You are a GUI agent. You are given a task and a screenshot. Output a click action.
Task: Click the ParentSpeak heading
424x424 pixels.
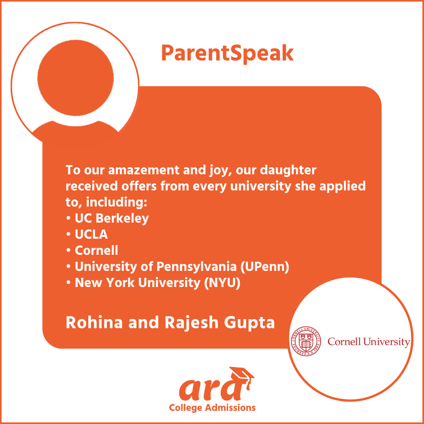(x=227, y=54)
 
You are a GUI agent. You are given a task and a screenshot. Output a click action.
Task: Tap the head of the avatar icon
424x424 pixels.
(x=75, y=78)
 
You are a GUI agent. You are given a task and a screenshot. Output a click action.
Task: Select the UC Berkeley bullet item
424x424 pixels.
(x=107, y=219)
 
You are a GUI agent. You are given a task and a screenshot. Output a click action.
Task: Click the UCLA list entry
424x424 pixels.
(x=87, y=234)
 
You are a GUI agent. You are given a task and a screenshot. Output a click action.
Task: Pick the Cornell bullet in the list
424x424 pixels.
(x=92, y=250)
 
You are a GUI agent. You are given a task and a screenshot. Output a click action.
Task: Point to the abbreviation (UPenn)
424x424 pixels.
(x=265, y=267)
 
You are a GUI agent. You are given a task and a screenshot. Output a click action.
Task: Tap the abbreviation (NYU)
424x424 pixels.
(x=222, y=283)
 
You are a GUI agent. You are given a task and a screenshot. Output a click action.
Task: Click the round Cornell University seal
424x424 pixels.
(x=306, y=341)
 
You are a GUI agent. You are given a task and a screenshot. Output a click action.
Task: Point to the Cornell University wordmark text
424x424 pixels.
(x=369, y=342)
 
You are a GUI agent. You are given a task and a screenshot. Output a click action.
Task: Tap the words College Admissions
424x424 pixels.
(x=212, y=408)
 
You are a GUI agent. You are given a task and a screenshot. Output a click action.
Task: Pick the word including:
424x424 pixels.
(x=117, y=203)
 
